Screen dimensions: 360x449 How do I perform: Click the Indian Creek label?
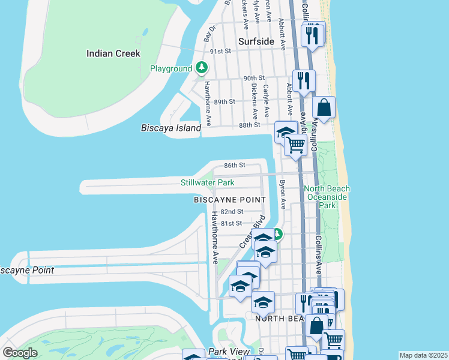click(x=113, y=53)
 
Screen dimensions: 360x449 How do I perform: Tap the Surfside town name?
click(x=256, y=42)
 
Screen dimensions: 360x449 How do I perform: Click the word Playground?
click(x=171, y=69)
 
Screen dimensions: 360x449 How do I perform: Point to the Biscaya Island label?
click(x=170, y=128)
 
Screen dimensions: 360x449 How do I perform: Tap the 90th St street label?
click(x=254, y=78)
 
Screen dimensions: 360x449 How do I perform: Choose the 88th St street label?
click(x=249, y=125)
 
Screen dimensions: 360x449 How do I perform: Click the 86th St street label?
click(x=235, y=165)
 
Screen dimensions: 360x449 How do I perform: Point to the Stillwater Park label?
click(x=207, y=182)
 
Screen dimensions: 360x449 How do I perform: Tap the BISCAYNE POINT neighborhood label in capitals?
click(x=229, y=199)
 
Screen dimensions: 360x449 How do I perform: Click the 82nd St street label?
click(x=232, y=212)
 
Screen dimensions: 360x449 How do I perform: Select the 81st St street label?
click(x=231, y=223)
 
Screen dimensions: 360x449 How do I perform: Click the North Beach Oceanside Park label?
click(x=328, y=197)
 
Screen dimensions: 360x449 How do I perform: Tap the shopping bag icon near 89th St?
click(x=324, y=109)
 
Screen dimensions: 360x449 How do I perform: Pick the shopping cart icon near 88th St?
click(x=295, y=145)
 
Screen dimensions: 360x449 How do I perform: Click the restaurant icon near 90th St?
click(x=304, y=80)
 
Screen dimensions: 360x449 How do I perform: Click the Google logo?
click(x=20, y=352)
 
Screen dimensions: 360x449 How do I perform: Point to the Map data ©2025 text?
click(x=423, y=355)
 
